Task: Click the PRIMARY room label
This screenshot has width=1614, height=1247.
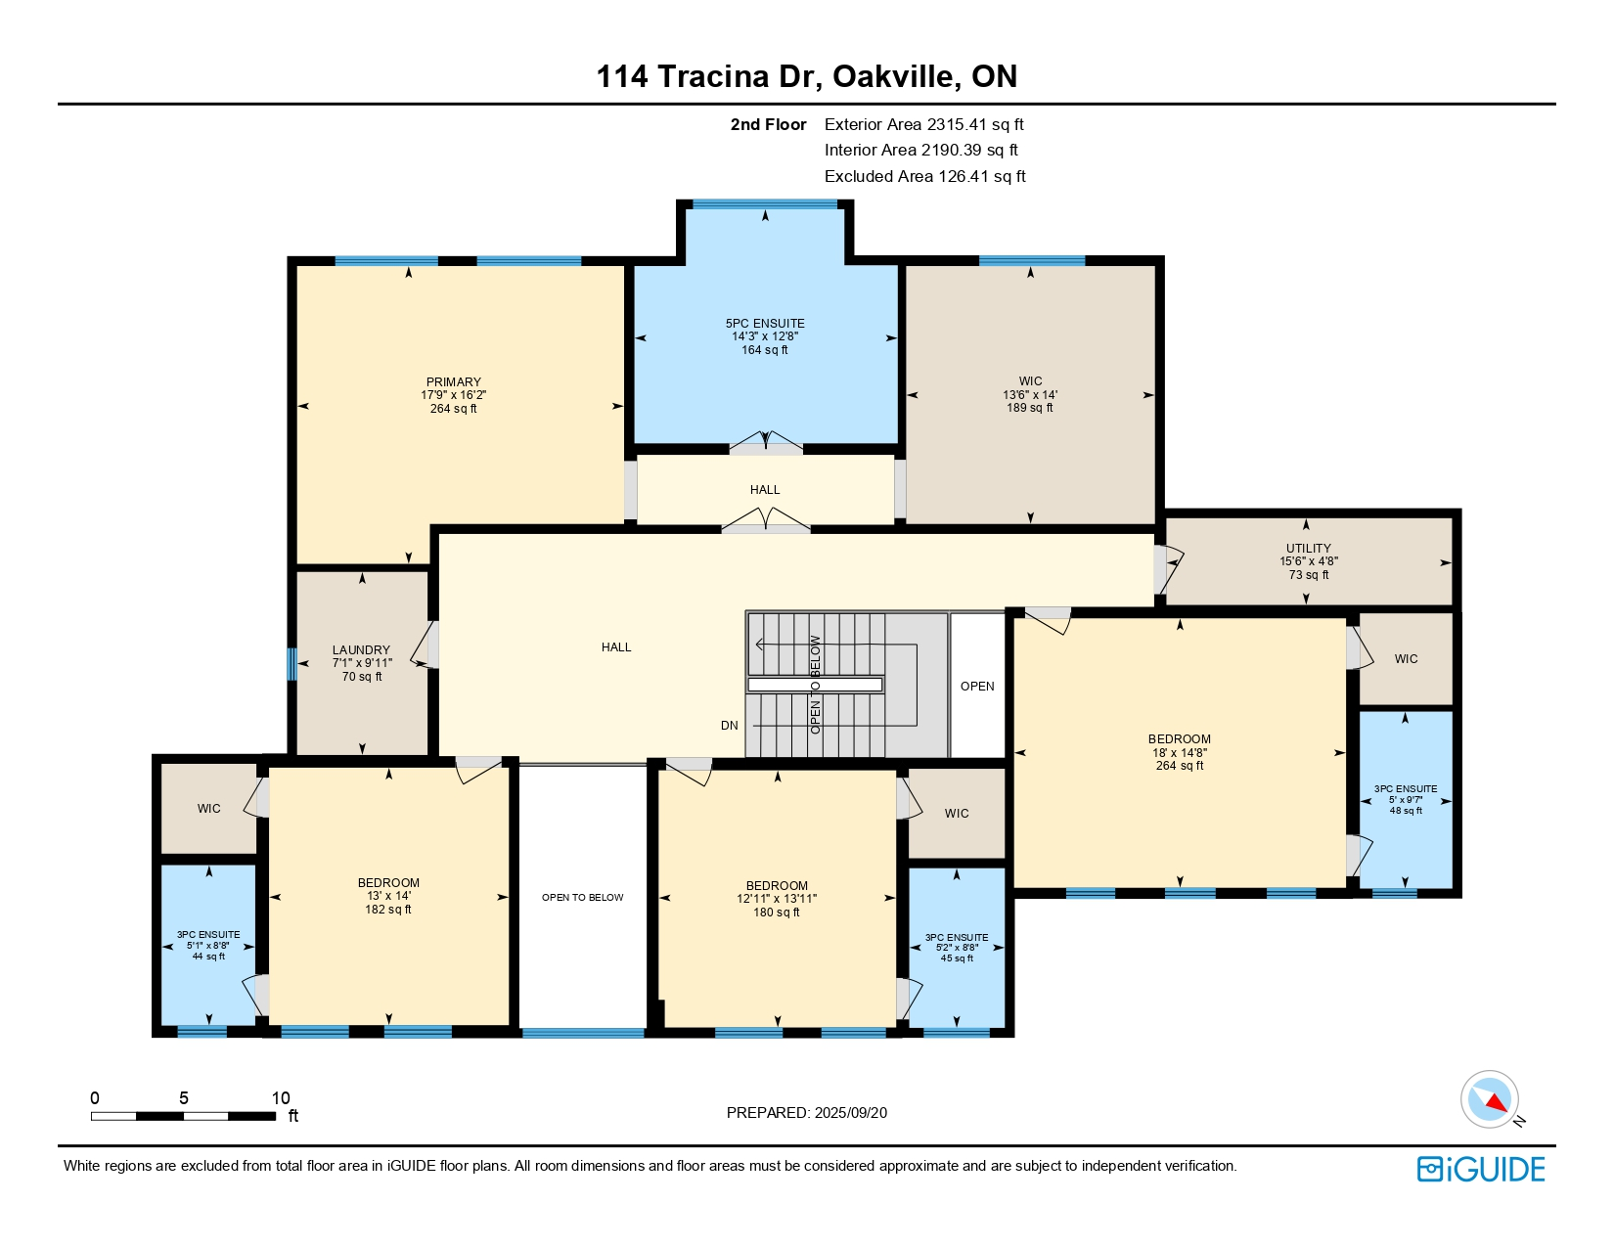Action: (453, 381)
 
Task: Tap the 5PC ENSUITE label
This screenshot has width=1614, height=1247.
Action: (765, 323)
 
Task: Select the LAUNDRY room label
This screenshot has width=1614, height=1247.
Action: (361, 649)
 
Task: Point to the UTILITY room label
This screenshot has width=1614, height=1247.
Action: (1309, 548)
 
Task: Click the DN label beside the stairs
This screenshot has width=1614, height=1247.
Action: (730, 726)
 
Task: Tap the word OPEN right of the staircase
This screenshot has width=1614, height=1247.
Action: (977, 687)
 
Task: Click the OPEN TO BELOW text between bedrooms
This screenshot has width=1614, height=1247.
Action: (582, 897)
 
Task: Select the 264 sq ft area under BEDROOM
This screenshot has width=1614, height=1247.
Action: (1180, 766)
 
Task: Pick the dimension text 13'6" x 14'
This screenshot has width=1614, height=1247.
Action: (1030, 395)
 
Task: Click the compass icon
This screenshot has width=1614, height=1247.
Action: (1490, 1099)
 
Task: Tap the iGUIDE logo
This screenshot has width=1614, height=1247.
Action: (1481, 1169)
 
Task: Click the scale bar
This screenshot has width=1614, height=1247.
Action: (184, 1116)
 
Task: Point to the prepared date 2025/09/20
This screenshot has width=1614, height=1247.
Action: (850, 1113)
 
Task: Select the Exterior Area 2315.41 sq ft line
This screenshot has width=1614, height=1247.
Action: (924, 125)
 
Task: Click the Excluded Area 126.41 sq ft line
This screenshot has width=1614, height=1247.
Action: (924, 176)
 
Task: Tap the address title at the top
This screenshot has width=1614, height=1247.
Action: (807, 76)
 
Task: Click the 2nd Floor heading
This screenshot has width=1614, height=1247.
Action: (768, 125)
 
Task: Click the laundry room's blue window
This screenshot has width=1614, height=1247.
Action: (291, 664)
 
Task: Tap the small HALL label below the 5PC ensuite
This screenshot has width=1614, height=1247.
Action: (765, 489)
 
